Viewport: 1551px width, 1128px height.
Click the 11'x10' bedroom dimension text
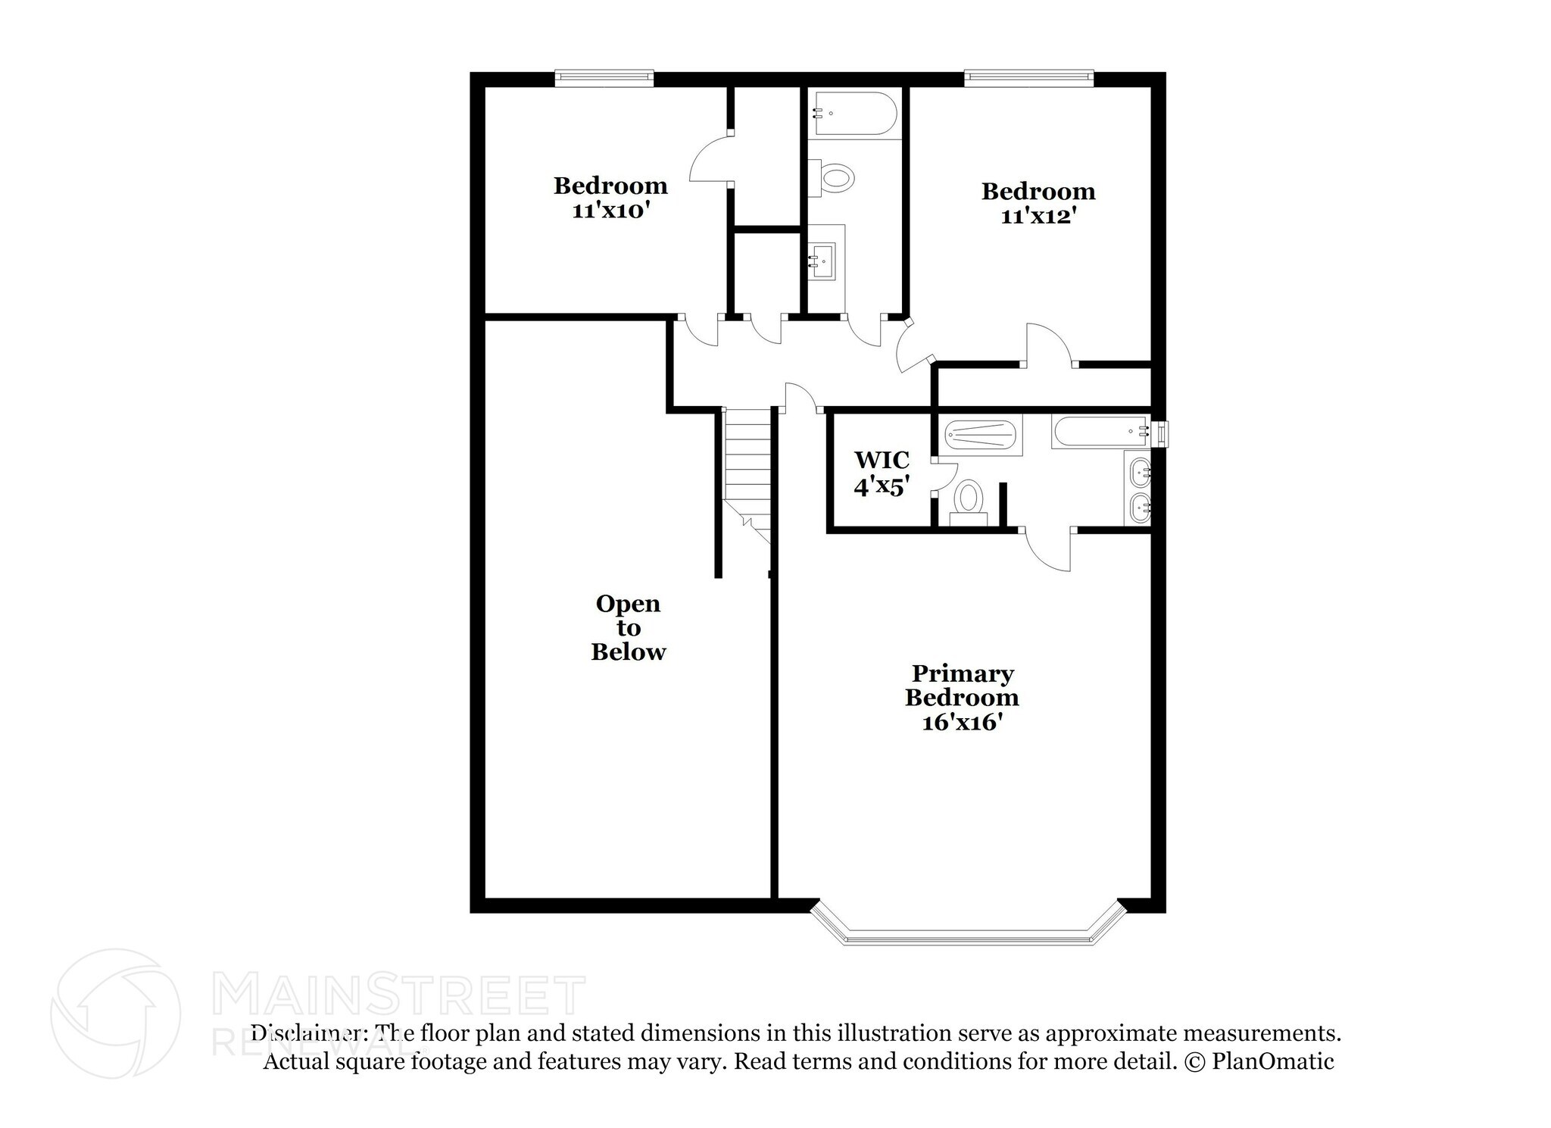coord(610,211)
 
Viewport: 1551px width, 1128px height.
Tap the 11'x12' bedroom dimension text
coord(1038,217)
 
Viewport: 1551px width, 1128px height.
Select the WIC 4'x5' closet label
coord(882,473)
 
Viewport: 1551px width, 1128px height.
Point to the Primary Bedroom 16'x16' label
coord(962,698)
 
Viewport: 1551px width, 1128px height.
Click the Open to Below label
coord(628,628)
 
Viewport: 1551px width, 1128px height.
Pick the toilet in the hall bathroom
coord(835,179)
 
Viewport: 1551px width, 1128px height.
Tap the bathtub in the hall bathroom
coord(854,114)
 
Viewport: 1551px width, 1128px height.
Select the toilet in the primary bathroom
coord(968,502)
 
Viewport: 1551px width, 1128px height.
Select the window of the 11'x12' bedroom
coord(1028,76)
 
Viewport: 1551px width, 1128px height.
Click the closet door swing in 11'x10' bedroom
coord(708,161)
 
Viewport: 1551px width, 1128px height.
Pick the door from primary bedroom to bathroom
coord(1049,551)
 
